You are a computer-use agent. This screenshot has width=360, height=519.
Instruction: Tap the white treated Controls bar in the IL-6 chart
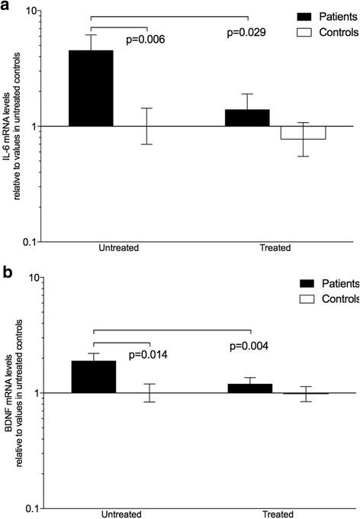(303, 133)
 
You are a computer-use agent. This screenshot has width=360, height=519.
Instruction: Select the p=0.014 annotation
(149, 354)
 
